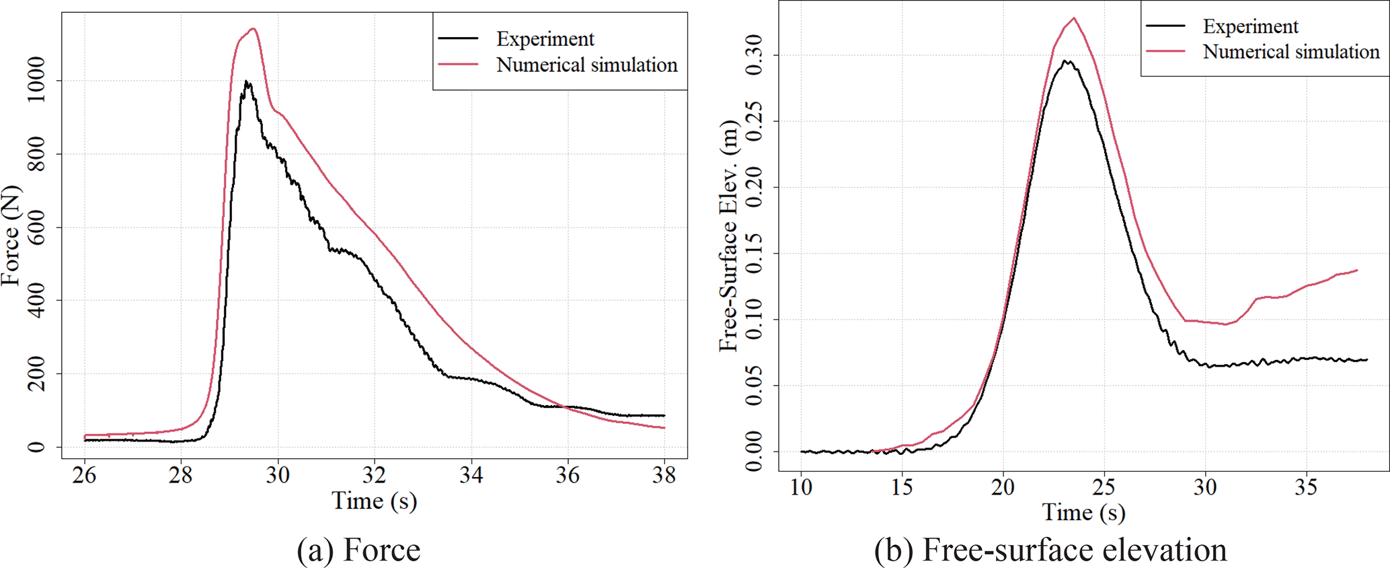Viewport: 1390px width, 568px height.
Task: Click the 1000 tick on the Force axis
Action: [35, 81]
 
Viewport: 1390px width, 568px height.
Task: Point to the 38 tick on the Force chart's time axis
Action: [664, 476]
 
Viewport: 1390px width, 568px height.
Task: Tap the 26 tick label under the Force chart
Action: [85, 476]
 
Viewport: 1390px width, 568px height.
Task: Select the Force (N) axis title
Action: [11, 236]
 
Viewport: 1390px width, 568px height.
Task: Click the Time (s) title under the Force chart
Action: [374, 501]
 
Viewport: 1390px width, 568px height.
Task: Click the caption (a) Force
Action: [358, 549]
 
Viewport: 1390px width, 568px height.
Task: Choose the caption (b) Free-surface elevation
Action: [1050, 549]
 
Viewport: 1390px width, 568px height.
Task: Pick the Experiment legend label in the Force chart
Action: [545, 39]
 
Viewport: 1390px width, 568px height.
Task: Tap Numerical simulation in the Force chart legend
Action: [586, 65]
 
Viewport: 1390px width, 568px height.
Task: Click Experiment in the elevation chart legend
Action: [1250, 26]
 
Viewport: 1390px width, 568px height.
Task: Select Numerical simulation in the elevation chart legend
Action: [1290, 52]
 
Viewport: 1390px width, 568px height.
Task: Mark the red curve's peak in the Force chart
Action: [253, 29]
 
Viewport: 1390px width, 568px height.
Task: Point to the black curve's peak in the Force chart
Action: [247, 81]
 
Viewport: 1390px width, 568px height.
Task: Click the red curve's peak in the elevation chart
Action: [1074, 18]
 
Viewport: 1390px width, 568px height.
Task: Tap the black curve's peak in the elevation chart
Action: [1066, 61]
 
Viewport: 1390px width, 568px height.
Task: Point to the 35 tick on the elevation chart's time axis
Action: [1306, 487]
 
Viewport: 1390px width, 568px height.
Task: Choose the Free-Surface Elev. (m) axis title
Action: [728, 236]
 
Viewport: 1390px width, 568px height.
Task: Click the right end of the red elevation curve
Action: [1357, 271]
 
